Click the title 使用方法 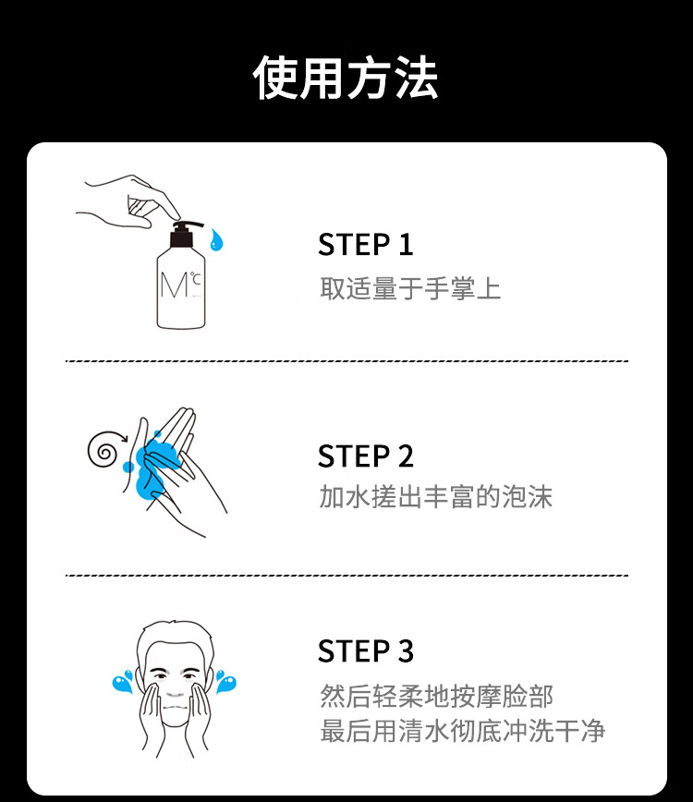346,78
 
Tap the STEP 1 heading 365,245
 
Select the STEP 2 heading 365,456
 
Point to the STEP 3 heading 365,651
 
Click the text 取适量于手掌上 410,288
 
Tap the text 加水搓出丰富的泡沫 436,497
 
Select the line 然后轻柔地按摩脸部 436,696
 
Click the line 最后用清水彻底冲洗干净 462,730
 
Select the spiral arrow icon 105,448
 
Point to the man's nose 175,690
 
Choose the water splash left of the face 123,681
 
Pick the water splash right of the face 225,681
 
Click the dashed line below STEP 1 346,361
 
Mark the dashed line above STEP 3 346,575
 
